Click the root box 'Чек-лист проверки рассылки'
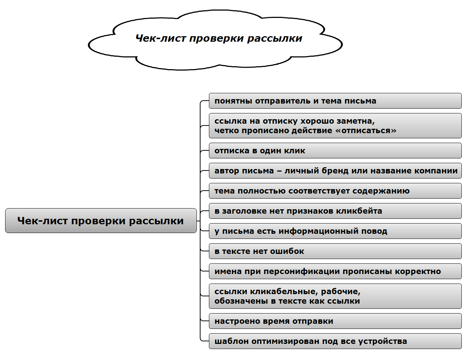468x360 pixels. pos(101,221)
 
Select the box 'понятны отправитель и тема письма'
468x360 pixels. pos(335,101)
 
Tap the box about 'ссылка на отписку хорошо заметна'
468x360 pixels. pos(335,125)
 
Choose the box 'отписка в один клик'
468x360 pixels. pos(335,150)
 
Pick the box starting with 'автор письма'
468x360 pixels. pos(335,171)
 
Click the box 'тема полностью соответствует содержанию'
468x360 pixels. pos(335,191)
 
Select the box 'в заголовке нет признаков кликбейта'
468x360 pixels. pos(335,211)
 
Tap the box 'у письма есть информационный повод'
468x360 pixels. pos(335,231)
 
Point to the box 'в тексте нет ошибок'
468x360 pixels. pos(335,251)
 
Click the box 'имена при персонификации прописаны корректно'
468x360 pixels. pos(335,271)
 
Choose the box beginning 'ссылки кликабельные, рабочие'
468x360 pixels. pos(335,296)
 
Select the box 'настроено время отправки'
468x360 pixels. pos(335,321)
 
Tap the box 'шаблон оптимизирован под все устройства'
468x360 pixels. pos(335,341)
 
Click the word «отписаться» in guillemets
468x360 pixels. pos(366,131)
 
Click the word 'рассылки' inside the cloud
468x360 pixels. pos(274,38)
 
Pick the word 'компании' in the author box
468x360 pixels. pos(436,171)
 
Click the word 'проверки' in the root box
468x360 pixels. pos(98,221)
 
